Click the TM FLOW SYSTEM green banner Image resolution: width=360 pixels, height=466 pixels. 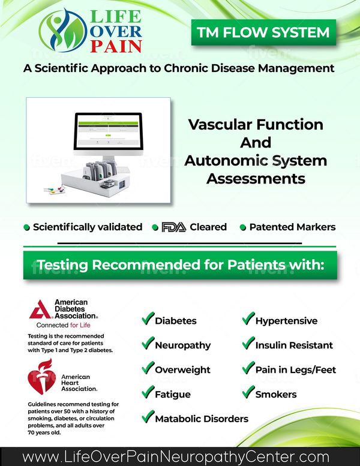[x=263, y=32]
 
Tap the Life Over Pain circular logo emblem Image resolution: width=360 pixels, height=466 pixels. [x=63, y=31]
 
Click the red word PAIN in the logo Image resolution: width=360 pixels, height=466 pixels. [x=116, y=46]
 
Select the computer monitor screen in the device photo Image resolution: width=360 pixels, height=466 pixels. [x=108, y=131]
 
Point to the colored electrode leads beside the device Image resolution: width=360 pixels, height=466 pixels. [x=55, y=190]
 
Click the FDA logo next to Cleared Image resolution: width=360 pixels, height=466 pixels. [x=174, y=227]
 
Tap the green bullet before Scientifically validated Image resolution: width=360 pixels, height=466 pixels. [x=26, y=228]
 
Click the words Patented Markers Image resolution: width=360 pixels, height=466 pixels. [x=293, y=227]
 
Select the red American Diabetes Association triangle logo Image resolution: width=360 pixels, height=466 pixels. [x=41, y=309]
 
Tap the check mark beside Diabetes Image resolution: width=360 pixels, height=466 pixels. [x=148, y=318]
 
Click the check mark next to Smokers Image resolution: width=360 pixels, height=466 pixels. [x=248, y=392]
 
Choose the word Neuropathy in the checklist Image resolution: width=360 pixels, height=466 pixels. [x=183, y=345]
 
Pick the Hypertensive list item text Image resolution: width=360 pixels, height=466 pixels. [x=286, y=321]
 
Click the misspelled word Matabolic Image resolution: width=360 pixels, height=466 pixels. [x=177, y=419]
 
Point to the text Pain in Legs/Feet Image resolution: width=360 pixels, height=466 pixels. [x=295, y=369]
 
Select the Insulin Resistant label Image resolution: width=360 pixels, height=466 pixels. [x=294, y=345]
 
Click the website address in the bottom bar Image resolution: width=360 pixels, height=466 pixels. [x=176, y=457]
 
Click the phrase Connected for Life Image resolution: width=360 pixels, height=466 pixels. [x=64, y=325]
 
